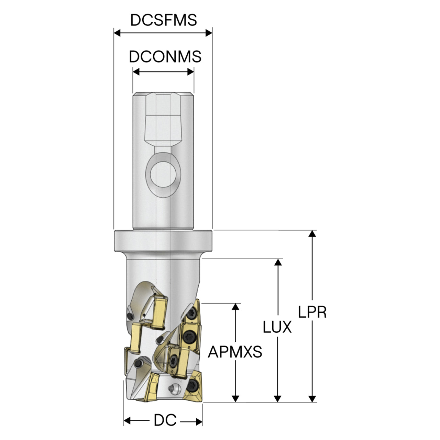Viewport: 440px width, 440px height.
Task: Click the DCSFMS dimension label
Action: [164, 20]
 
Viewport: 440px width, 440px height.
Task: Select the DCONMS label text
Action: [165, 57]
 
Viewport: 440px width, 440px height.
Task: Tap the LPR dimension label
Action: [312, 312]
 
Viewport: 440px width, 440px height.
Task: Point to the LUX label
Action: [277, 327]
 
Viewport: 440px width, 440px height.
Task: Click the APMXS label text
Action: [235, 352]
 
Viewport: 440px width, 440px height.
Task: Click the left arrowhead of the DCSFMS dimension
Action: [117, 33]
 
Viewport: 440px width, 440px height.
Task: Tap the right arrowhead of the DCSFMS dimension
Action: [209, 33]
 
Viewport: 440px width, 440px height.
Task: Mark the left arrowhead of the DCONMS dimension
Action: [136, 72]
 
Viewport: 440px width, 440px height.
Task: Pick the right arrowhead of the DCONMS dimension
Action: [191, 72]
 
